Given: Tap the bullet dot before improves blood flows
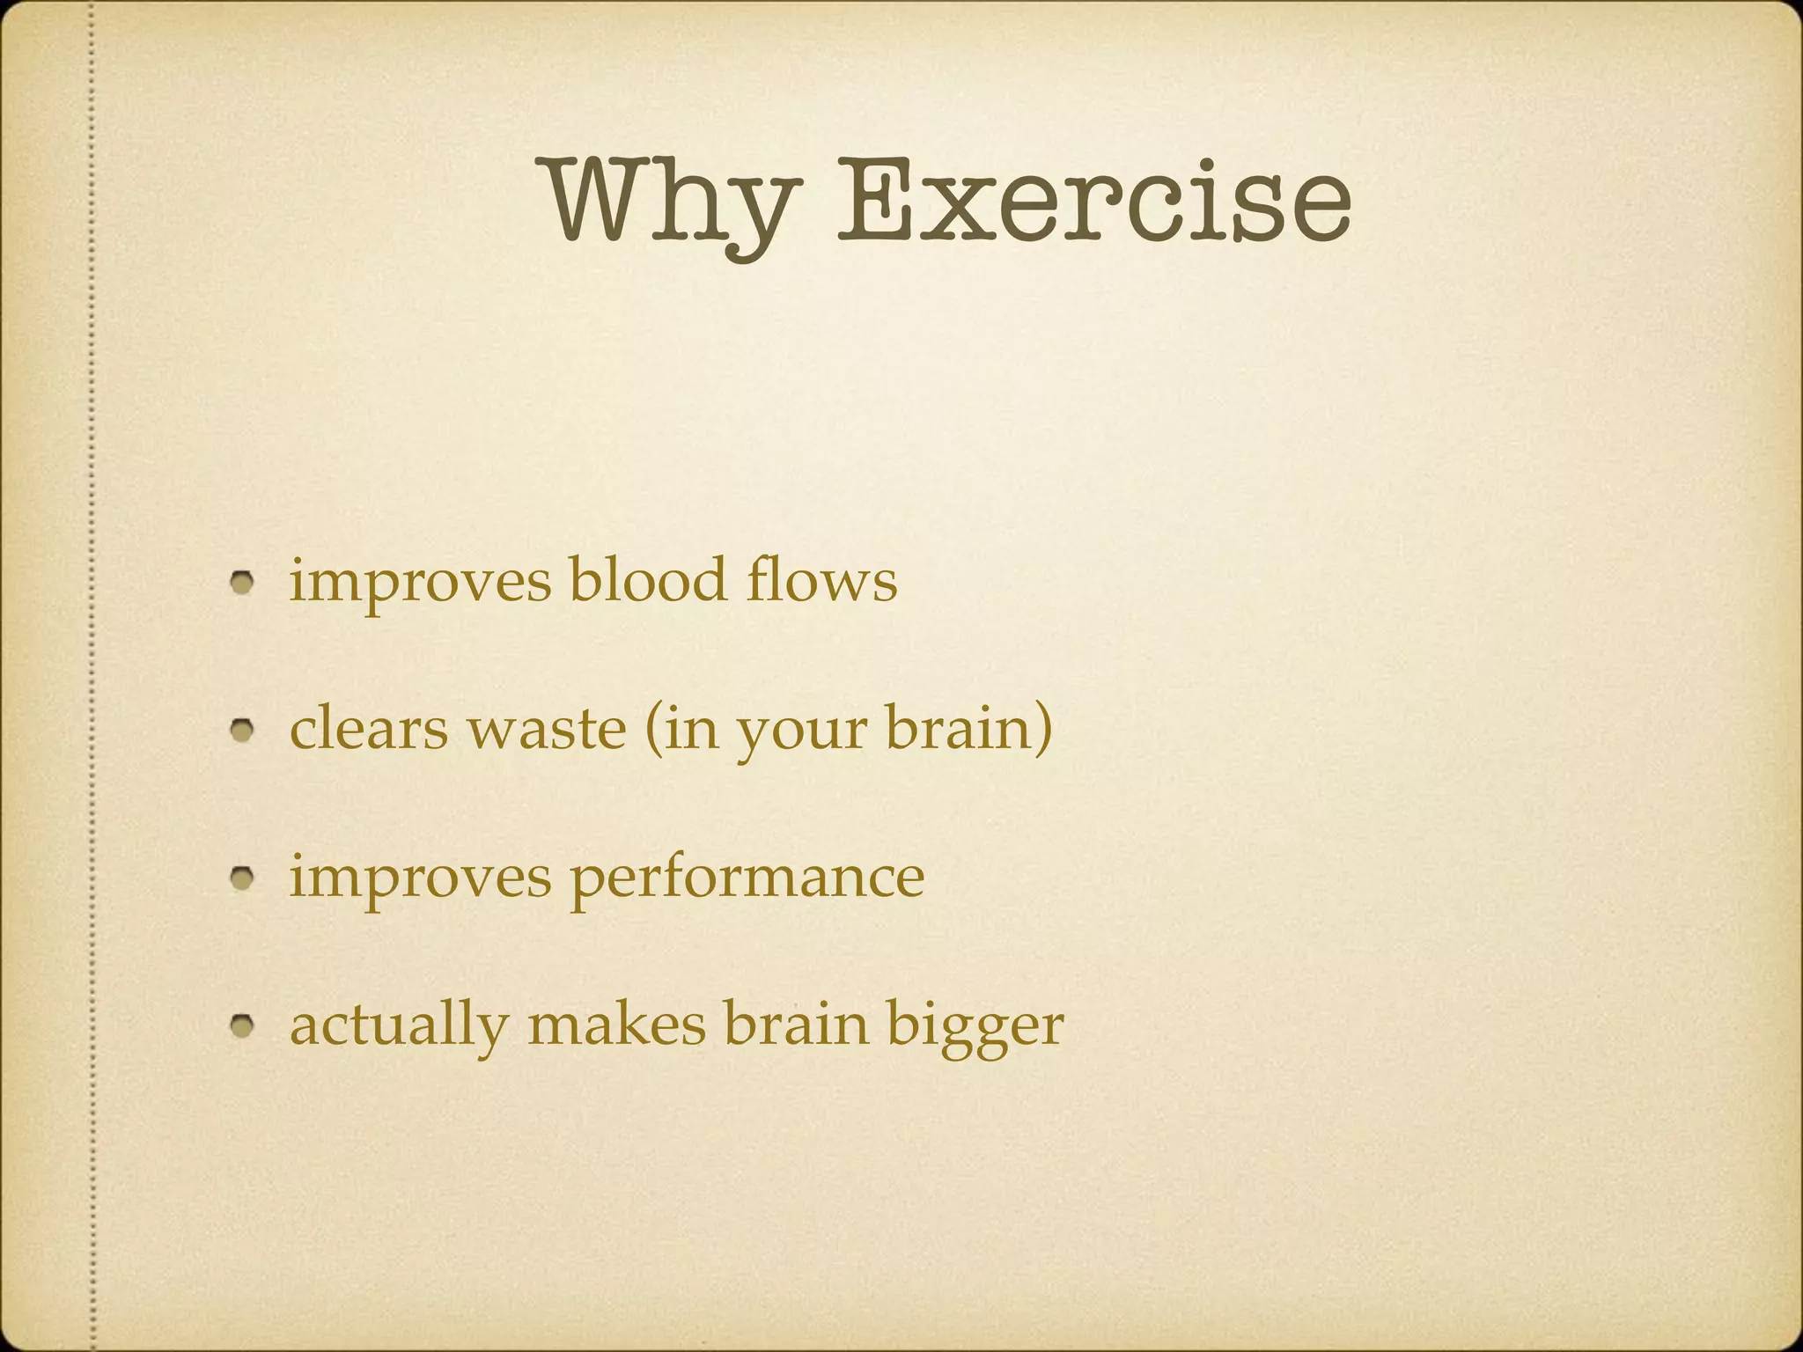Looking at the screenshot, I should click(243, 582).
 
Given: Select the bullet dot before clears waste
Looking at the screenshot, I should click(243, 730).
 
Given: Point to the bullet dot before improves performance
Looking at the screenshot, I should click(243, 878).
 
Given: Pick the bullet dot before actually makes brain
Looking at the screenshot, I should click(243, 1025).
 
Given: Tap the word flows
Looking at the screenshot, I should click(821, 580).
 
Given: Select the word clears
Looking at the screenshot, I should click(368, 729).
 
